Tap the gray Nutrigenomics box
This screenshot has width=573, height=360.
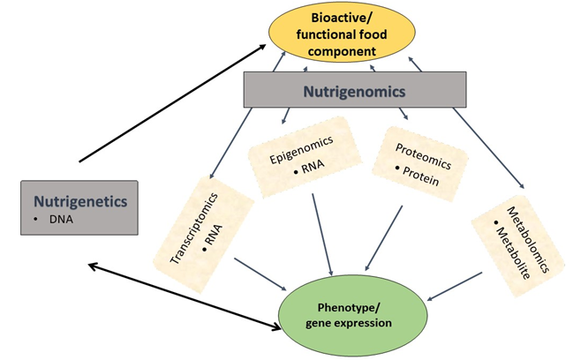pos(354,90)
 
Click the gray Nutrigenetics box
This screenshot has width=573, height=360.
pos(79,207)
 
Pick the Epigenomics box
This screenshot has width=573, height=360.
pos(302,157)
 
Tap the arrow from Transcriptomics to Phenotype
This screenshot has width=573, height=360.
pos(260,273)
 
